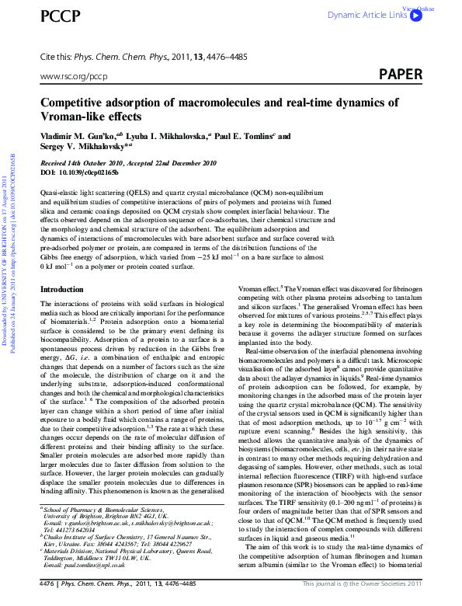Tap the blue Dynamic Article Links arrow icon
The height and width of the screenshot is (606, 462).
click(415, 15)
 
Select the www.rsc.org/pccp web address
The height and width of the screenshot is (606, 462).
click(73, 77)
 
